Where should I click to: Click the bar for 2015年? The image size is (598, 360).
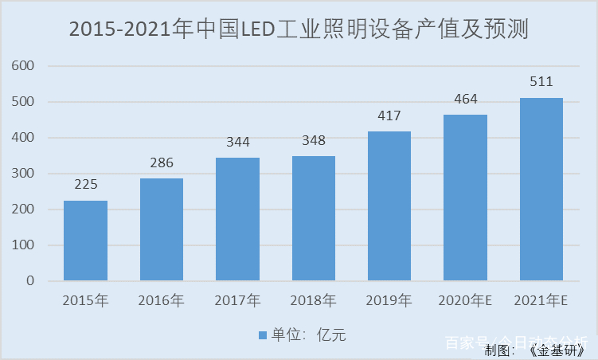coord(85,241)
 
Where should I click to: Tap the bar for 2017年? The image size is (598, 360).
coord(237,219)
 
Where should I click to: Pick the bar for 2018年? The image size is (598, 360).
coord(313,218)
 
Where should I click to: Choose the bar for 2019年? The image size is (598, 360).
coord(389,206)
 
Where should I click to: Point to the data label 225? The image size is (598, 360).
coord(85,185)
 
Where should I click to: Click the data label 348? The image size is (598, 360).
coord(313,141)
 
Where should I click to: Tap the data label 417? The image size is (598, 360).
coord(389,116)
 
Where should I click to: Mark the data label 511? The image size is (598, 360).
coord(541,82)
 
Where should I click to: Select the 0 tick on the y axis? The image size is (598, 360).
coord(30,281)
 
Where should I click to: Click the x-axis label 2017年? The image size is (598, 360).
coord(237,301)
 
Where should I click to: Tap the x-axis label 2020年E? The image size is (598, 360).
coord(465,301)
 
